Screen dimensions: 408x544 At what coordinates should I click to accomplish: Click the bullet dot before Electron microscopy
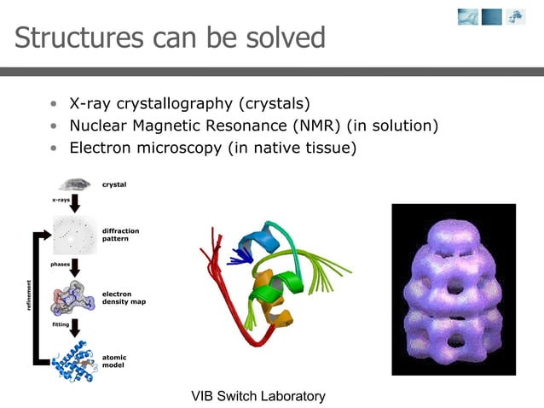pyautogui.click(x=54, y=149)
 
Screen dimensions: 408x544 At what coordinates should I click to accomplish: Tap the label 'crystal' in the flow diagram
pyautogui.click(x=114, y=184)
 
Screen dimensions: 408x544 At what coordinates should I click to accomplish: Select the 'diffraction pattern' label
pyautogui.click(x=120, y=234)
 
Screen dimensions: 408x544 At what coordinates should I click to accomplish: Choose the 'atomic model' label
pyautogui.click(x=115, y=359)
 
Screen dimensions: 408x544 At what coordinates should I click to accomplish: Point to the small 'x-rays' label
pyautogui.click(x=61, y=201)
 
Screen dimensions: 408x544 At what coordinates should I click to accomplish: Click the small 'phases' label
pyautogui.click(x=60, y=265)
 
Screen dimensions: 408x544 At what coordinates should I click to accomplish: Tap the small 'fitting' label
pyautogui.click(x=60, y=324)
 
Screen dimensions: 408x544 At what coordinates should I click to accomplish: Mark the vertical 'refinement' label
pyautogui.click(x=30, y=294)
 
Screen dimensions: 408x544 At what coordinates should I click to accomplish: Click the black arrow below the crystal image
pyautogui.click(x=75, y=203)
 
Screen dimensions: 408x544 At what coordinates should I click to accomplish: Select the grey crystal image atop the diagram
pyautogui.click(x=75, y=184)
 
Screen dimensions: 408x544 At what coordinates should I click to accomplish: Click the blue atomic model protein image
pyautogui.click(x=75, y=362)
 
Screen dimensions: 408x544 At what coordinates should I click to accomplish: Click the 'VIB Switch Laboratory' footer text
pyautogui.click(x=258, y=396)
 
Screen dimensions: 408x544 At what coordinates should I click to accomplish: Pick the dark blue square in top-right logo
pyautogui.click(x=492, y=16)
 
